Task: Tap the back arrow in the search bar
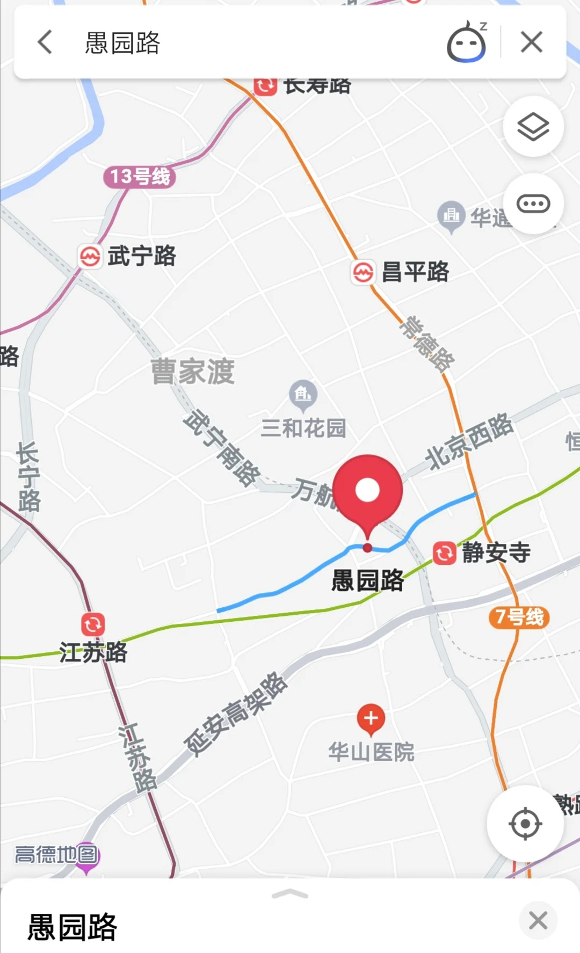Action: click(x=45, y=42)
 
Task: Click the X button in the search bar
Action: click(x=531, y=42)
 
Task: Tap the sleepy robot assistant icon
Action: click(x=467, y=42)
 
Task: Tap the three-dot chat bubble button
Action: click(x=533, y=204)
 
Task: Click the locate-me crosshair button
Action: click(x=525, y=823)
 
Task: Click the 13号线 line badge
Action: click(x=139, y=177)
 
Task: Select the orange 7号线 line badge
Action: click(x=519, y=617)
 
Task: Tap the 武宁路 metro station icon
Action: click(x=90, y=256)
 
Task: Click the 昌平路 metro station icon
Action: click(x=363, y=272)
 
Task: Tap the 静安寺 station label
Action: click(x=496, y=552)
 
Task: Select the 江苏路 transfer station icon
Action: click(x=93, y=624)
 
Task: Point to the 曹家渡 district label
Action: click(x=193, y=371)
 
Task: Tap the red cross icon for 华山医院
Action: click(x=371, y=718)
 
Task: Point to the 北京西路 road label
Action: click(x=469, y=441)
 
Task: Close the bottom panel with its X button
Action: click(x=538, y=920)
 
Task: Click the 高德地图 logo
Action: click(x=57, y=854)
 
